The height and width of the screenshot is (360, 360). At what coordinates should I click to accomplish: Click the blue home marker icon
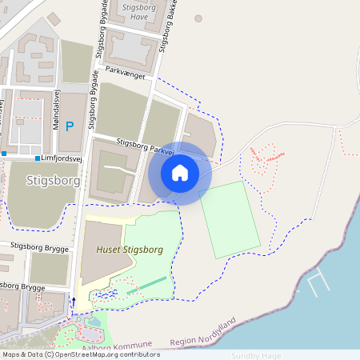[180, 173]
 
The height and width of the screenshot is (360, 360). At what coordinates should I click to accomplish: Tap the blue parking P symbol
[69, 126]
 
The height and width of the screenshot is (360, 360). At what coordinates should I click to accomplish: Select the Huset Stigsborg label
[129, 250]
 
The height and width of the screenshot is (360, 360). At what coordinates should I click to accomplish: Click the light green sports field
[230, 219]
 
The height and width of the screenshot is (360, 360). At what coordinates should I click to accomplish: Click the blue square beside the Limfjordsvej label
[37, 158]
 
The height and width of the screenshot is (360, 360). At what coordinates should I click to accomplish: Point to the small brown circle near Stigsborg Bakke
[198, 18]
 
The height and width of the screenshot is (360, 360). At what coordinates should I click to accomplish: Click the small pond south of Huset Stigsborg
[104, 296]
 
